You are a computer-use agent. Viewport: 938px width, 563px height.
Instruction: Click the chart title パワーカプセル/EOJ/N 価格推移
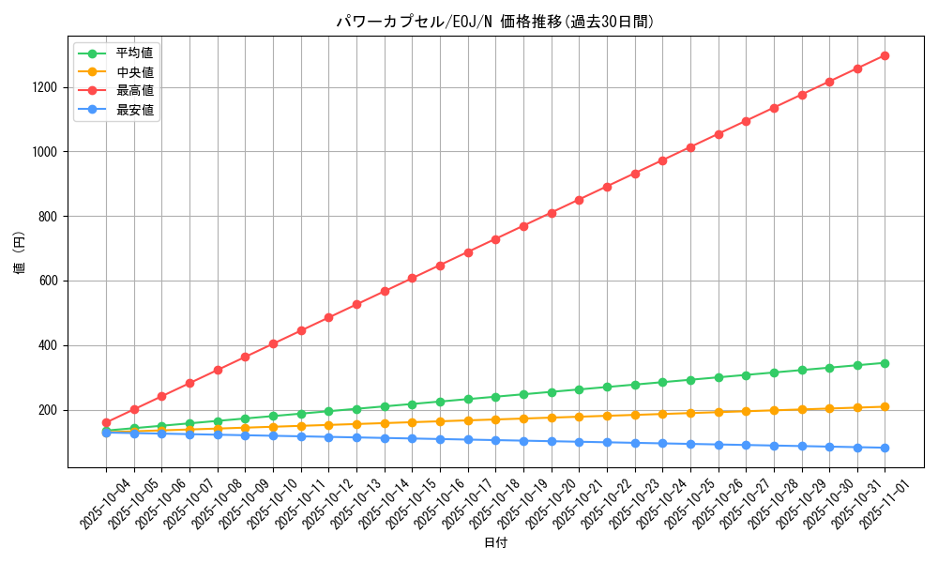494,22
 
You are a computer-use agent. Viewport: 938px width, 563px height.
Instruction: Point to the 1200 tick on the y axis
44,87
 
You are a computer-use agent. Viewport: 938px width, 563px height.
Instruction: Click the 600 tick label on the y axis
48,281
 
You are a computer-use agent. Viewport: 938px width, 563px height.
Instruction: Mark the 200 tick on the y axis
48,410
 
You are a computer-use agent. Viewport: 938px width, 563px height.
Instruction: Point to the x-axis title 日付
495,543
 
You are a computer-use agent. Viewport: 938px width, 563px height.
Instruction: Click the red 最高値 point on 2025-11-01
885,55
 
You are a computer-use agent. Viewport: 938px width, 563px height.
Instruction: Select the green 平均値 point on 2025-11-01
885,362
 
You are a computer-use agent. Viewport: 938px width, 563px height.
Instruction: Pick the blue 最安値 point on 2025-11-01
885,448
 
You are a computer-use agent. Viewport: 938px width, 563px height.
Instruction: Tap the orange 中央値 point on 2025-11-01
885,406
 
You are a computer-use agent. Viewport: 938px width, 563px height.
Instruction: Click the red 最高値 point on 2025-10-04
106,422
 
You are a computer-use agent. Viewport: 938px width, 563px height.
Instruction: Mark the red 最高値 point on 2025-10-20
552,213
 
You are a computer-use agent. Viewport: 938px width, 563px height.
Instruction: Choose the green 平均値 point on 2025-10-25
690,380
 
